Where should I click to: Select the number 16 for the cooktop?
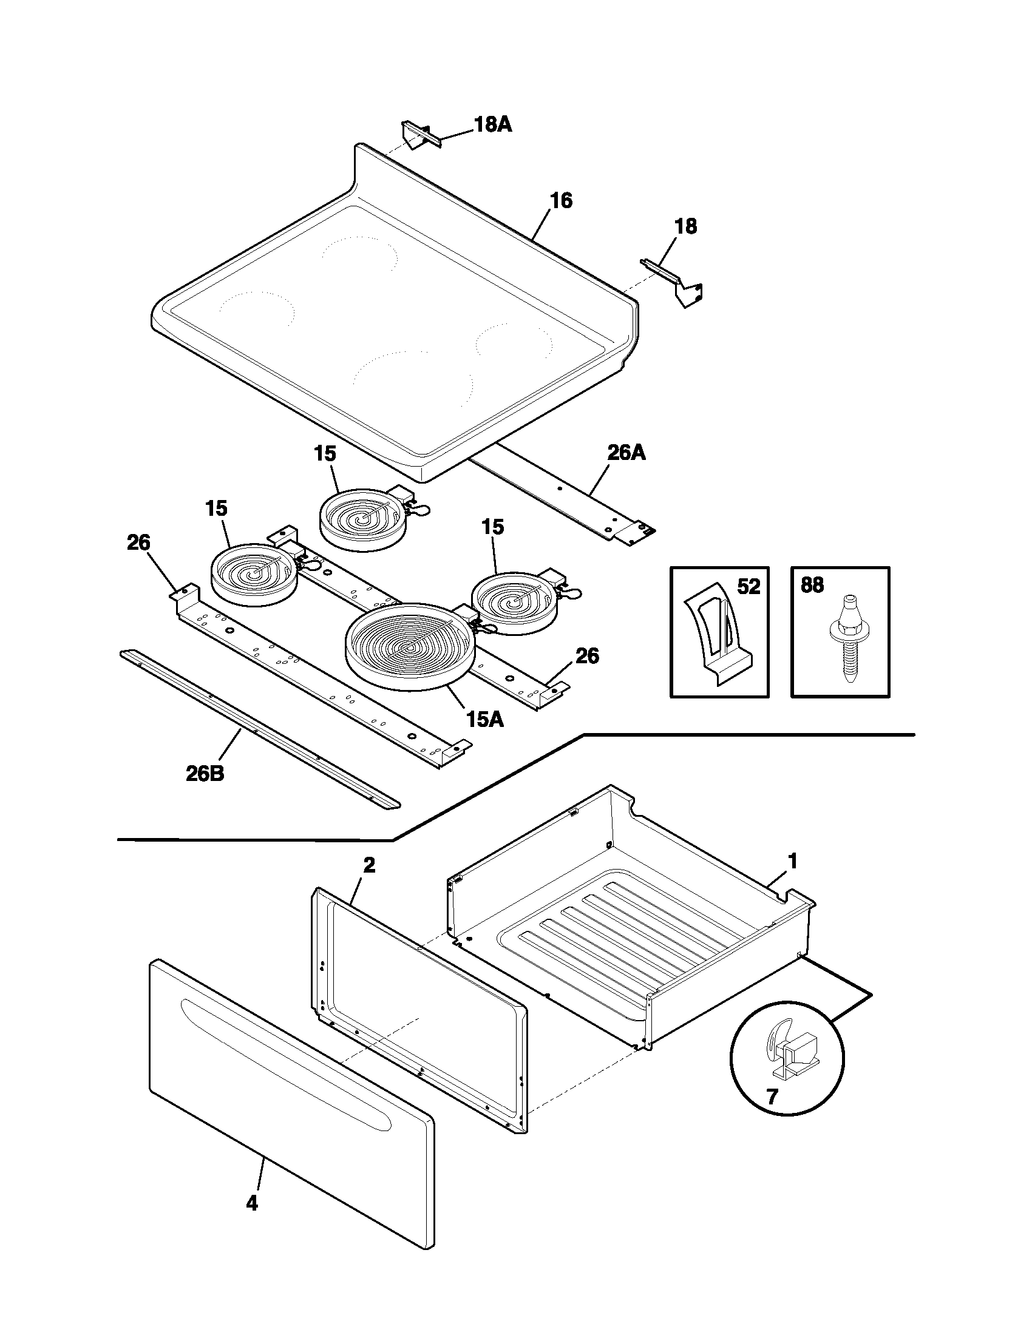561,200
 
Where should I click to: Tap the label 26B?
205,774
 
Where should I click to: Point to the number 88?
812,586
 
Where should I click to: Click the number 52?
748,587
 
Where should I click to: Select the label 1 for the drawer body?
792,862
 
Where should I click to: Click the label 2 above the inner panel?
368,865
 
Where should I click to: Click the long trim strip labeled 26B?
260,731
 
